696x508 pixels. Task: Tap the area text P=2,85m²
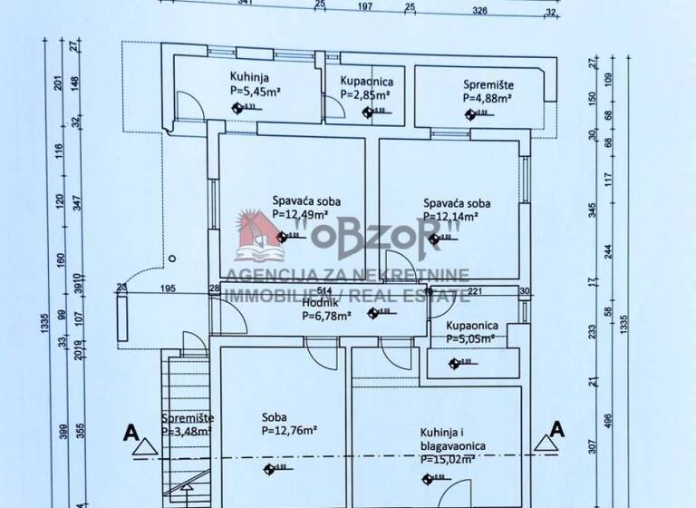point(366,93)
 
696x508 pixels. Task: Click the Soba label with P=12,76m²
point(275,418)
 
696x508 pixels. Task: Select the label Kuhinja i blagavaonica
point(454,439)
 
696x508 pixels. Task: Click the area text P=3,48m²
point(186,432)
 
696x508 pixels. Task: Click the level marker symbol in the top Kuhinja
point(239,107)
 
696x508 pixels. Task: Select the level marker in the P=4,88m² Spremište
point(470,113)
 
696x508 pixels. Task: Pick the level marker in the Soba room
point(269,468)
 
